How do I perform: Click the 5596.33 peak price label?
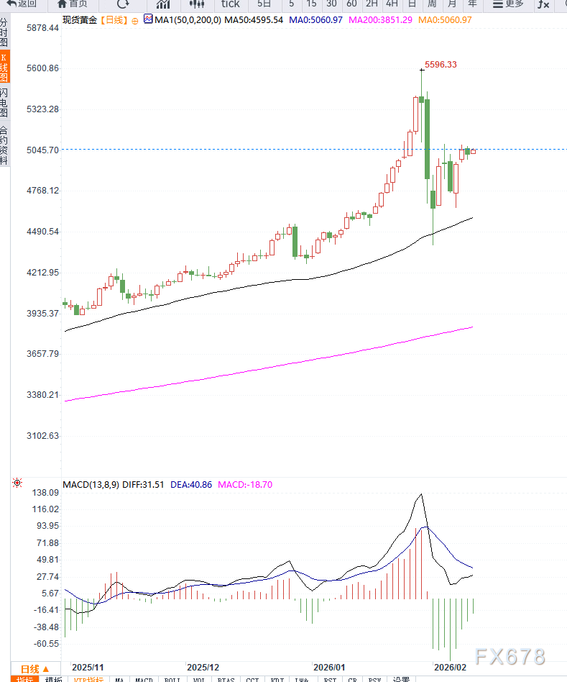click(x=441, y=65)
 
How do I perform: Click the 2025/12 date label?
click(x=203, y=668)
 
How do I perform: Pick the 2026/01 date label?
click(x=330, y=668)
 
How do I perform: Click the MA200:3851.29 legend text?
click(x=380, y=19)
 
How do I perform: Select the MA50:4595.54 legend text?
click(x=253, y=19)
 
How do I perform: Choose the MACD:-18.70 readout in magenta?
click(x=245, y=485)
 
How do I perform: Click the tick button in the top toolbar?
click(x=230, y=4)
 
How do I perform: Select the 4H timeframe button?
click(x=392, y=4)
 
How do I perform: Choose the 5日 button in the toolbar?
click(x=264, y=4)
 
